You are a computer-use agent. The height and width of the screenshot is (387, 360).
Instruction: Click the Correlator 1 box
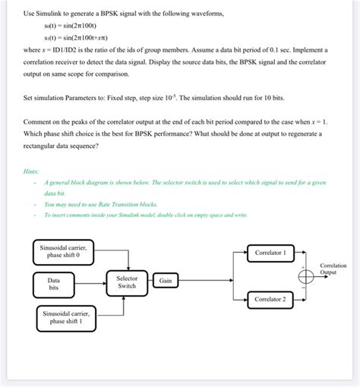(x=270, y=253)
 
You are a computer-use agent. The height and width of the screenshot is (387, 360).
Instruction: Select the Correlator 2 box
(x=270, y=300)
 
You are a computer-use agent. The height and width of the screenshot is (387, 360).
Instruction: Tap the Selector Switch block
(x=128, y=282)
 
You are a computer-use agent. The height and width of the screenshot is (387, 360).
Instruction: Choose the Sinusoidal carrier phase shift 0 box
(x=64, y=251)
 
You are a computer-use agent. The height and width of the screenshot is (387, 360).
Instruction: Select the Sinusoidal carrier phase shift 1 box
(x=65, y=316)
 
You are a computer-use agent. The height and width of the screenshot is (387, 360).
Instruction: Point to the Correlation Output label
(x=334, y=269)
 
